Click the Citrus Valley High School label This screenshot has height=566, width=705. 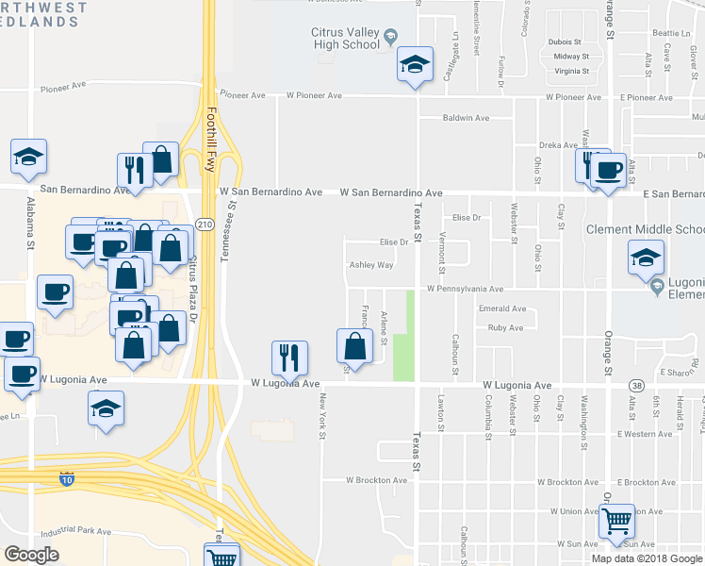pyautogui.click(x=346, y=38)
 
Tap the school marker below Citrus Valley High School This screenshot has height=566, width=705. pyautogui.click(x=414, y=67)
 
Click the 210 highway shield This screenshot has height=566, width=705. pyautogui.click(x=204, y=223)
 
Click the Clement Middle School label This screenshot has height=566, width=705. pyautogui.click(x=645, y=229)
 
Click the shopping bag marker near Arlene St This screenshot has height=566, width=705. pyautogui.click(x=353, y=346)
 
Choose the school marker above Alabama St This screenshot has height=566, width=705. pyautogui.click(x=29, y=158)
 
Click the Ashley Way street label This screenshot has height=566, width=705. pyautogui.click(x=371, y=266)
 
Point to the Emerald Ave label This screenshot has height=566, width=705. pyautogui.click(x=500, y=308)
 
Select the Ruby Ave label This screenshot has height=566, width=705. pyautogui.click(x=505, y=328)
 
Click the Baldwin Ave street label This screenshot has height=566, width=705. pyautogui.click(x=467, y=118)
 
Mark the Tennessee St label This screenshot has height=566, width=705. pyautogui.click(x=226, y=230)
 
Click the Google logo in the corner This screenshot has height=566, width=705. pyautogui.click(x=32, y=554)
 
